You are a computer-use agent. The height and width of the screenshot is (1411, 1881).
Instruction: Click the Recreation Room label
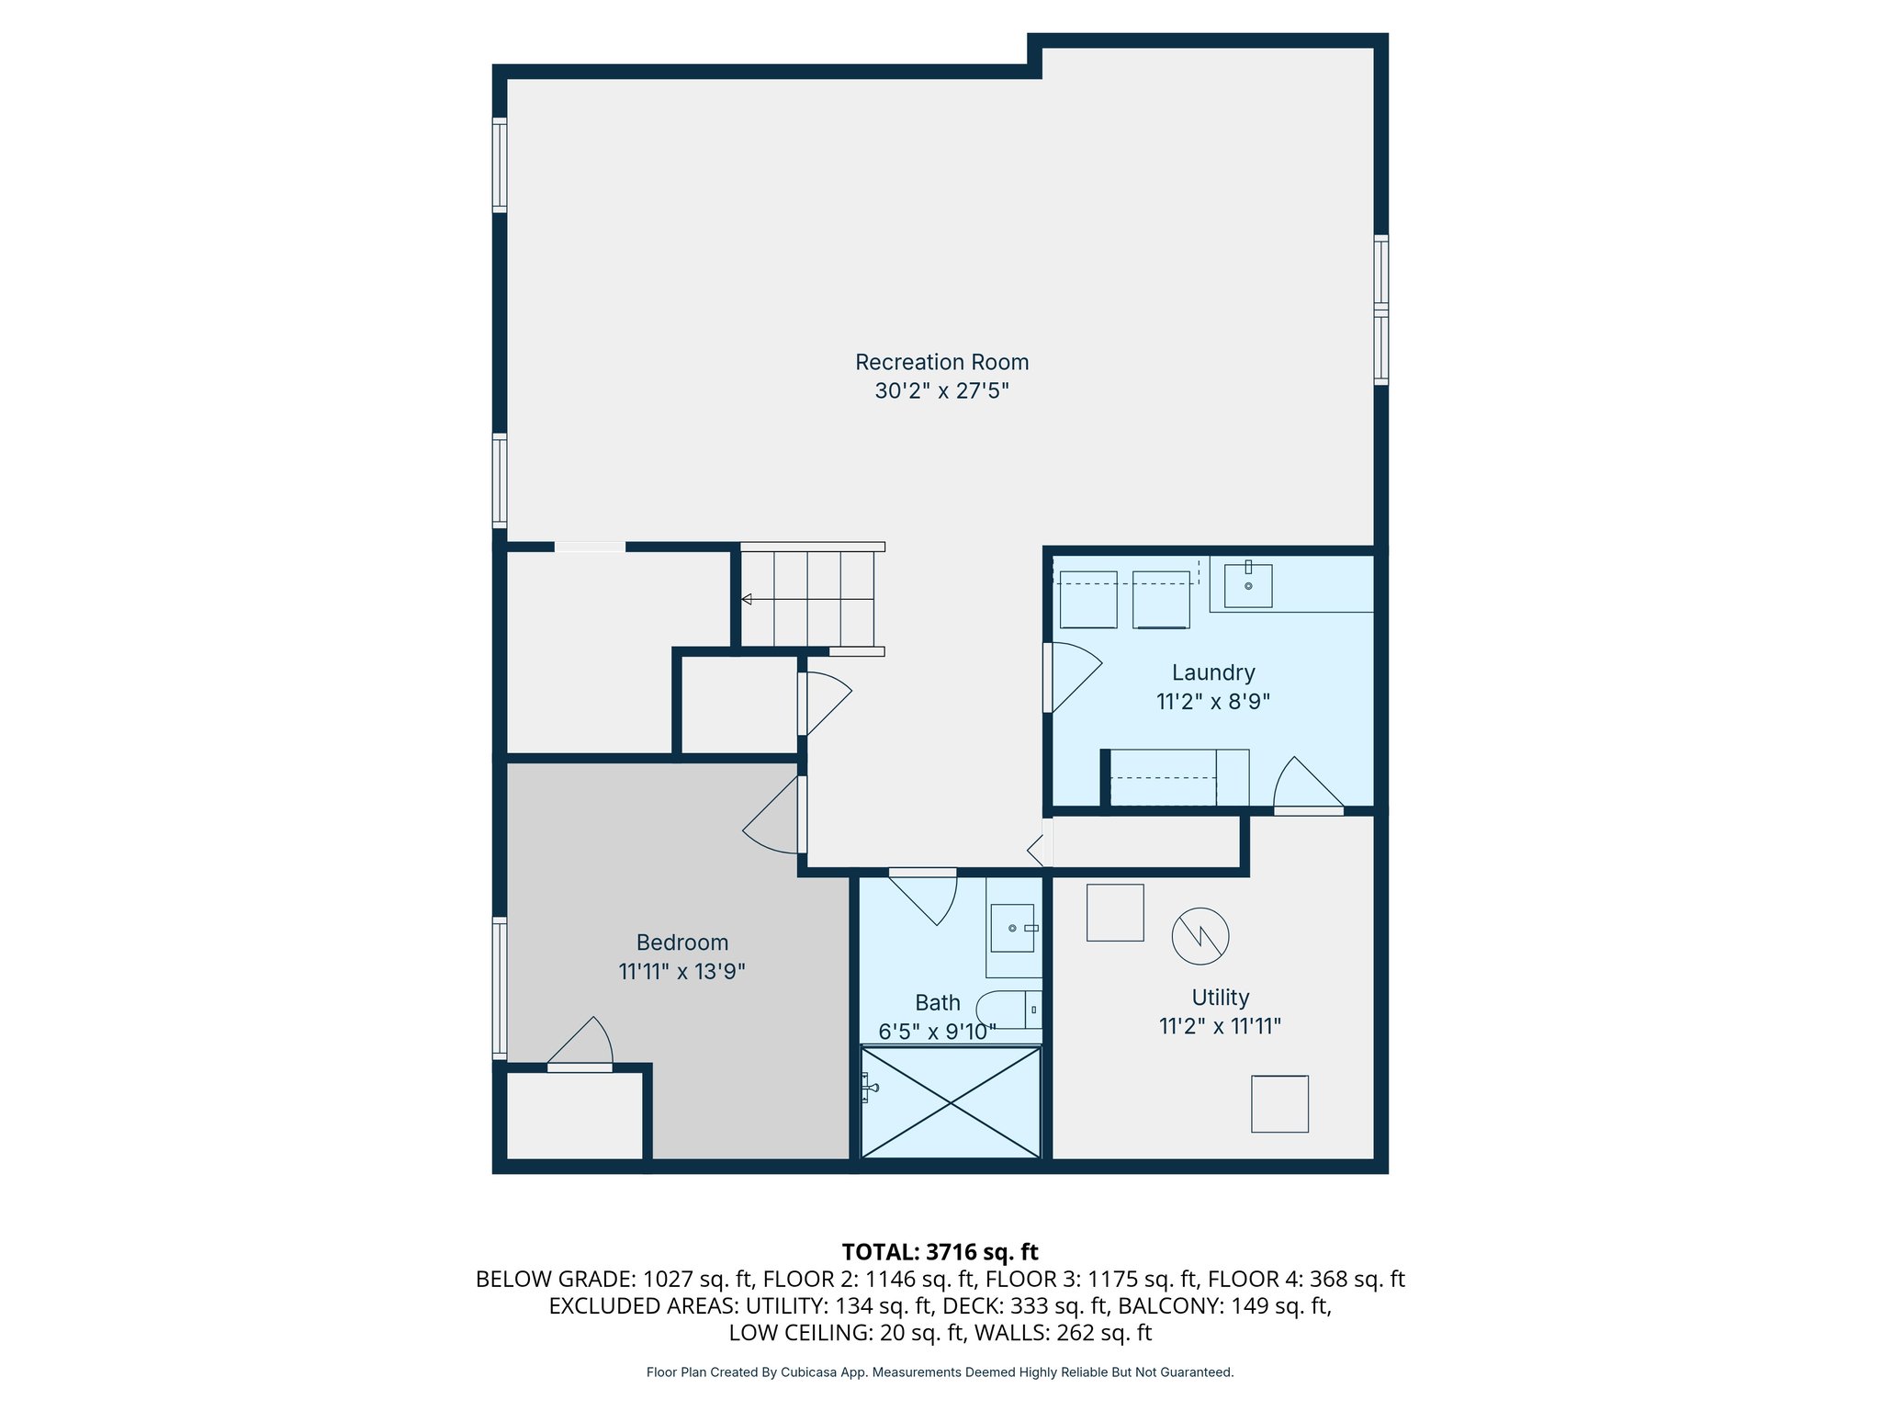[941, 362]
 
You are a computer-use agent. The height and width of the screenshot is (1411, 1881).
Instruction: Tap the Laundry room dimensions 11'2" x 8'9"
[1212, 702]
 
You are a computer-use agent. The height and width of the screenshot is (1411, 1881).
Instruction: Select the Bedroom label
[682, 943]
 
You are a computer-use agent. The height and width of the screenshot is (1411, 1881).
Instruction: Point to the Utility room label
[1221, 998]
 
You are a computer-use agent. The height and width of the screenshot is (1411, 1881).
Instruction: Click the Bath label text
[938, 1003]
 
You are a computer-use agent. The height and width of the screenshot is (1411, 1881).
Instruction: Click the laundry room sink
[1248, 585]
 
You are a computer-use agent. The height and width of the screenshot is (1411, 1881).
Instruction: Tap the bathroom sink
[1012, 928]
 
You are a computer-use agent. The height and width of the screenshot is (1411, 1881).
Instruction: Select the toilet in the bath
[1008, 1010]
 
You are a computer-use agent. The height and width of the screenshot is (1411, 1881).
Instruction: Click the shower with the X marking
[951, 1102]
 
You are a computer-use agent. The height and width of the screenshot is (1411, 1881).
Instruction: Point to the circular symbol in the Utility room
[1200, 936]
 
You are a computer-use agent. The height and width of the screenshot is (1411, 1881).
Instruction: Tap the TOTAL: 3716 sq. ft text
[940, 1252]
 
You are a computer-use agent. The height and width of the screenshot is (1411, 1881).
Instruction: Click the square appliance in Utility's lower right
[1279, 1104]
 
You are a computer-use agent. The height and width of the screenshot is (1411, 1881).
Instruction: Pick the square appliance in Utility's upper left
[1115, 912]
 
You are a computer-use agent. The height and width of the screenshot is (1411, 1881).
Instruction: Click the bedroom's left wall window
[500, 988]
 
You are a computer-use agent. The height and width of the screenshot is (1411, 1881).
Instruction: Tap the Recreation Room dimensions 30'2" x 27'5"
[941, 391]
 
